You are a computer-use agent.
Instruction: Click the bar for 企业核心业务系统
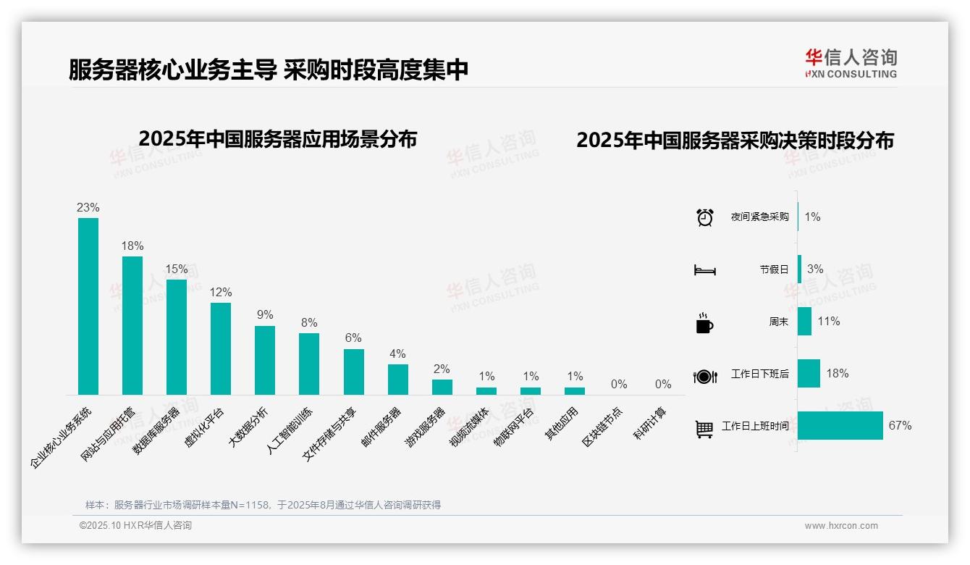tap(88, 306)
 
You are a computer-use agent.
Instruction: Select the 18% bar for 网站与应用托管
tap(132, 325)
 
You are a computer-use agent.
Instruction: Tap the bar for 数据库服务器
tap(177, 337)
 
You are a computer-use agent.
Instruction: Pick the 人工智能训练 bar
tap(309, 364)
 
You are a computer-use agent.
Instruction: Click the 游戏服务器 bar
tap(442, 387)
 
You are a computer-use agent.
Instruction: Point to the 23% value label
tap(88, 208)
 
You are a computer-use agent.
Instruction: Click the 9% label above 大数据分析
tap(265, 315)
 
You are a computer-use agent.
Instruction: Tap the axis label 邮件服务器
tap(381, 429)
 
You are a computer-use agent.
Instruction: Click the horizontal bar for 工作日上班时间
tap(840, 426)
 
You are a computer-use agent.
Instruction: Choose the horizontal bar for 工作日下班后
tap(809, 374)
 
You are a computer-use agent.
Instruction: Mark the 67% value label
tap(900, 426)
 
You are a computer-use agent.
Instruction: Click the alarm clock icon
tap(704, 217)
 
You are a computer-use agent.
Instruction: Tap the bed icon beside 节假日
tap(704, 270)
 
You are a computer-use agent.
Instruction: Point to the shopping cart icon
tap(704, 429)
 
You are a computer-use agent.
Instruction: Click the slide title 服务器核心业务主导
tap(172, 70)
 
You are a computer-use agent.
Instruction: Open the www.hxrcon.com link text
tap(841, 526)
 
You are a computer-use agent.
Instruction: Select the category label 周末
tap(779, 322)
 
